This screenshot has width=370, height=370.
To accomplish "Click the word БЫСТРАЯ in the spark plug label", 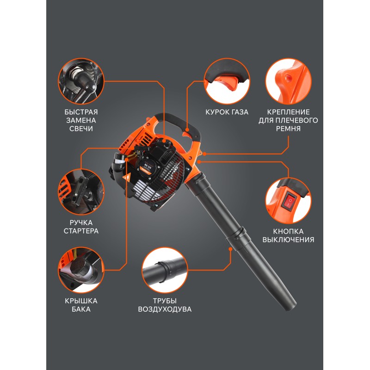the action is click(81, 112).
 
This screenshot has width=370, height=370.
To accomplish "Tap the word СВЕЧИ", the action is click(81, 129).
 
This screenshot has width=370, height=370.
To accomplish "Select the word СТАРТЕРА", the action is click(81, 231).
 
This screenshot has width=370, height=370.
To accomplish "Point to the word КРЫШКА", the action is click(81, 301).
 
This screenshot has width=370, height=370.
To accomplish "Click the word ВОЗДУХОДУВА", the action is click(165, 309).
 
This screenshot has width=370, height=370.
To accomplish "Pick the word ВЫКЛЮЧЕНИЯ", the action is click(288, 240).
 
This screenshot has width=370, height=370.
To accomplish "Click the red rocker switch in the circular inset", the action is click(288, 201).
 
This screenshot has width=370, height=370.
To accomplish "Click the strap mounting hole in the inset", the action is click(287, 77).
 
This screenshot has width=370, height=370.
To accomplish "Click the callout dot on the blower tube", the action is click(230, 249).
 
